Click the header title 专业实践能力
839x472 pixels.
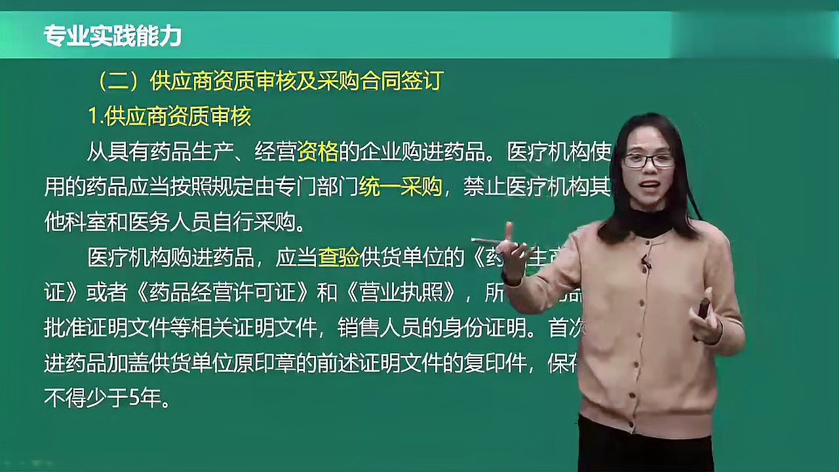tap(112, 36)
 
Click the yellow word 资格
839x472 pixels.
tap(317, 153)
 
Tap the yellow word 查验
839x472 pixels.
tap(338, 258)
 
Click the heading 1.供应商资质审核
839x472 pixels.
tap(169, 117)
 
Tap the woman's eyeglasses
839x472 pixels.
tap(648, 160)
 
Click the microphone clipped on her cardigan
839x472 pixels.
tap(646, 263)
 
